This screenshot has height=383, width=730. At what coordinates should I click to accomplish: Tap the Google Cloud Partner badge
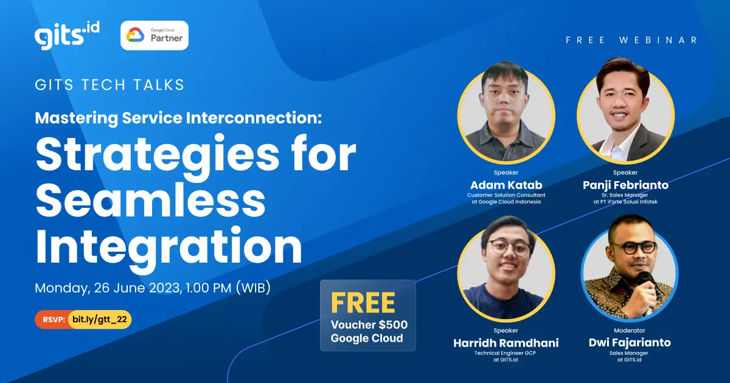point(155,35)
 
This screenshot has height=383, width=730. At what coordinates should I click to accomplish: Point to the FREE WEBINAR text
point(631,40)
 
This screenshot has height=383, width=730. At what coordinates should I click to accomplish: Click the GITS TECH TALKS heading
point(110,85)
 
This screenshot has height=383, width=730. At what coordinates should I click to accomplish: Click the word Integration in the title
point(169,247)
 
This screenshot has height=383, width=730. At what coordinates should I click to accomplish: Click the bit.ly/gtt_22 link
point(100,319)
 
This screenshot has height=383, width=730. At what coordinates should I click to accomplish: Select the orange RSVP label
point(54,319)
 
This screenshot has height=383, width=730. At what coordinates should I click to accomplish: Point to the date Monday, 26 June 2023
point(107,288)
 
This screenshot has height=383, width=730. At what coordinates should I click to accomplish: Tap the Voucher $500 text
point(369,325)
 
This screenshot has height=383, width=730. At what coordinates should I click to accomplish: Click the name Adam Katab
point(506,185)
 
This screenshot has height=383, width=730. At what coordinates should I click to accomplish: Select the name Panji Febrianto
point(625,185)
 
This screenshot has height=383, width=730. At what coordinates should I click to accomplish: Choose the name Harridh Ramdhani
point(506,343)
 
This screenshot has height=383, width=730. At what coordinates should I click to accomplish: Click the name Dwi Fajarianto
point(629,343)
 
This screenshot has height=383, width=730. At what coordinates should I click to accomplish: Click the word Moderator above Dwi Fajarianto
point(629,331)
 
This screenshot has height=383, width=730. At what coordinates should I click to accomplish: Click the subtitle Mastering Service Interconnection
point(178,117)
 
